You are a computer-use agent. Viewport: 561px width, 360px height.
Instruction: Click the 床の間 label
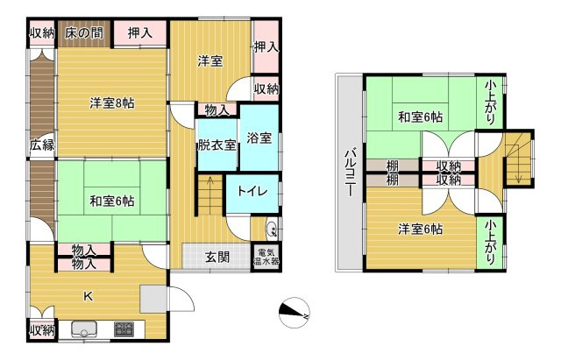(84, 33)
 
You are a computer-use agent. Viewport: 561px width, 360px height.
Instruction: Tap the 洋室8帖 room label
(112, 103)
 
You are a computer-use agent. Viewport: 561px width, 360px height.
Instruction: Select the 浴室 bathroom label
(259, 138)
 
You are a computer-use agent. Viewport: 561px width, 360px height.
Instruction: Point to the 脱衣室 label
(217, 145)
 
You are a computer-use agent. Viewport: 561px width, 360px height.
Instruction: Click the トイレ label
(252, 191)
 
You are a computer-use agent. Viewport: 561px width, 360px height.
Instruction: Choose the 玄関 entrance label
(217, 257)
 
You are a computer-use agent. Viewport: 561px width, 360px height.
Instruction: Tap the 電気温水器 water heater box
(266, 258)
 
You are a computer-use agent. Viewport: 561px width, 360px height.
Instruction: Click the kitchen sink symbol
(84, 329)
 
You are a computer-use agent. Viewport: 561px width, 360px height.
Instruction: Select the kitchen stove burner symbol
(124, 328)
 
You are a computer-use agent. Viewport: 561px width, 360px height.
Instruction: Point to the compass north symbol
(295, 313)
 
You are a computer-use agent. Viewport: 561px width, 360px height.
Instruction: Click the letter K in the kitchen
(88, 296)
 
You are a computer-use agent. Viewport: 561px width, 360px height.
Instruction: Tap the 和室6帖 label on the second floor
(421, 116)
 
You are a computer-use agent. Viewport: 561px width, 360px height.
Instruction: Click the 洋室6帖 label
(421, 229)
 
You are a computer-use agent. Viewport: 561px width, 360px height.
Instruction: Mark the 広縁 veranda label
(42, 145)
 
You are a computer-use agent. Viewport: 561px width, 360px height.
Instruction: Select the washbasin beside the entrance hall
(272, 229)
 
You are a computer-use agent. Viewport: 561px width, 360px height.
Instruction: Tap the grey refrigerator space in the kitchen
(154, 299)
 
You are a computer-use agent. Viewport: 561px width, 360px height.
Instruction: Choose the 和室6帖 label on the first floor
(112, 201)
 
